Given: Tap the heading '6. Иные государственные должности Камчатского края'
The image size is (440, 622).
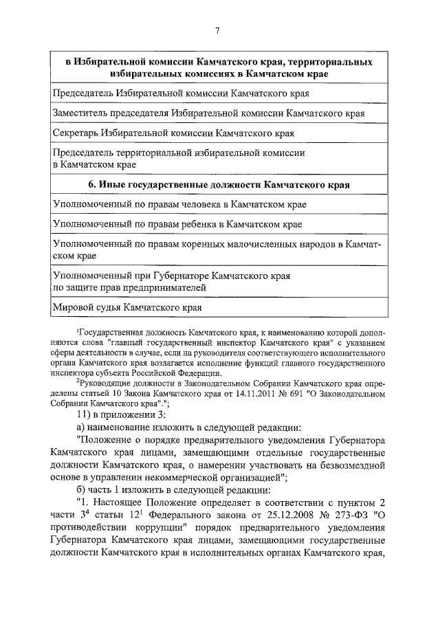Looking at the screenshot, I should click(x=219, y=185).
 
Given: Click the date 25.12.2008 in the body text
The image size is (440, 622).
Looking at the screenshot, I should click(x=269, y=514).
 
